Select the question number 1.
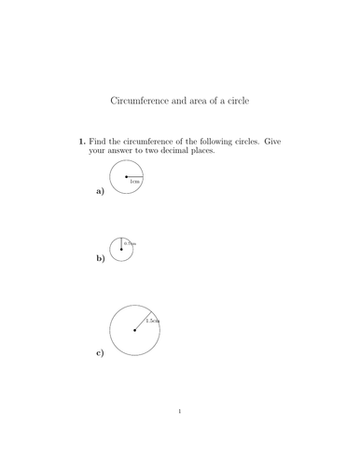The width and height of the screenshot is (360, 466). tap(81, 142)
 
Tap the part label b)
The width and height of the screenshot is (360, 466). tap(100, 258)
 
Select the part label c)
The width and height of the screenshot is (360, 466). tap(100, 353)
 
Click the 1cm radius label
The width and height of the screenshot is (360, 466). tap(135, 181)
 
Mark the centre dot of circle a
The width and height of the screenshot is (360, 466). tap(127, 175)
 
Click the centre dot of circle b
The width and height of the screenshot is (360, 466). tap(121, 249)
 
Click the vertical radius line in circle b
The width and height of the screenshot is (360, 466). tap(121, 243)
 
